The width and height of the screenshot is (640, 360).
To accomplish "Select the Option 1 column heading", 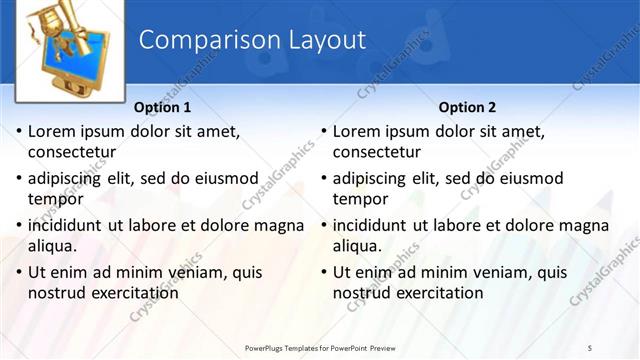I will click(x=162, y=107).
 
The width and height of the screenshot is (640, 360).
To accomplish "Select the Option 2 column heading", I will click(x=467, y=107).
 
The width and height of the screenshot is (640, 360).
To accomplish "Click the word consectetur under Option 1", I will click(x=72, y=153).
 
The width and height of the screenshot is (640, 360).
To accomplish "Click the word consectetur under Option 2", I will click(x=377, y=153).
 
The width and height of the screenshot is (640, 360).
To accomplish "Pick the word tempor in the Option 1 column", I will click(x=53, y=199).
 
